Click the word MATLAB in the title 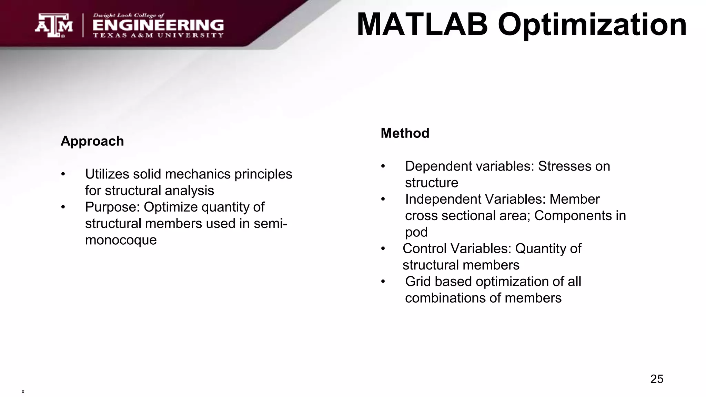(422, 25)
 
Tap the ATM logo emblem (54, 26)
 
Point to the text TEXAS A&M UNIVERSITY (158, 35)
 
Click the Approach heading (92, 141)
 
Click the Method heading (405, 133)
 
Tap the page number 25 (656, 379)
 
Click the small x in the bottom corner (23, 391)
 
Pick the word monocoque (121, 240)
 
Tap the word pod (416, 232)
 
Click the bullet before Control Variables (383, 249)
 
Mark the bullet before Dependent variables (383, 166)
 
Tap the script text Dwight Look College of (129, 16)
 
